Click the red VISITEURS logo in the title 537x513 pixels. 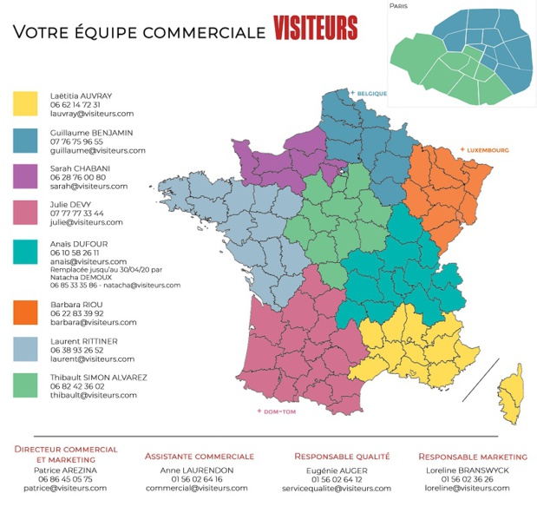coord(315,29)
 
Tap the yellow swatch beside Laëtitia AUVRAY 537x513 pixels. coord(25,103)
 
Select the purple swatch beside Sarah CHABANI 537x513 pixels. coord(25,176)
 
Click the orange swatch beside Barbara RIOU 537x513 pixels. coord(25,312)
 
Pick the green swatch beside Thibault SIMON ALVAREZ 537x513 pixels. coord(25,385)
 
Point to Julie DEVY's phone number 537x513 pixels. coord(77,213)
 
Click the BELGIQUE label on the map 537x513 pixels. coord(370,93)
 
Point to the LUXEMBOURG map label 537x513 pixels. coord(488,150)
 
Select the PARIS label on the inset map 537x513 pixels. coord(399,6)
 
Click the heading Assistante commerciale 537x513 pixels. coord(200,456)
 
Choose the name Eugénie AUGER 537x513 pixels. coord(342,470)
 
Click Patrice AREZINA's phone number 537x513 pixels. coord(65,479)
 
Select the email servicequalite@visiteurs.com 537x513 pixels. coord(342,489)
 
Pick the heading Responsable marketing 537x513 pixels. coord(472,456)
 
